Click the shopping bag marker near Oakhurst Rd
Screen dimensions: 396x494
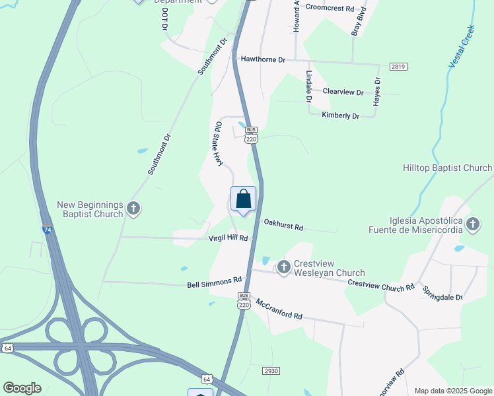(243, 199)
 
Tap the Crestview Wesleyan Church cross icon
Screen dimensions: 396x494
(284, 267)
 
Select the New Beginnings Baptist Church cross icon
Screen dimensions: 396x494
(133, 209)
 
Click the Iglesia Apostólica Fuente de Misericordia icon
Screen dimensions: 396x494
(473, 224)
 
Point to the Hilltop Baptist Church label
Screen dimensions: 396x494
(447, 168)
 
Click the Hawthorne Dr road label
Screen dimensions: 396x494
(263, 59)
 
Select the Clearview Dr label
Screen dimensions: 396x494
(343, 92)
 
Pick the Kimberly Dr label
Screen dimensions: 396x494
(340, 115)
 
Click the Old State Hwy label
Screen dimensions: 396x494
(219, 143)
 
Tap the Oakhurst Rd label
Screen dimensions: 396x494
(283, 225)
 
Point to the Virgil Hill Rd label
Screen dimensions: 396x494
(228, 238)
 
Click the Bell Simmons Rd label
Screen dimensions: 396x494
(215, 284)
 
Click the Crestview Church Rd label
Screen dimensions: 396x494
(381, 284)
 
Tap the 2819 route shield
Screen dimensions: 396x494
(398, 67)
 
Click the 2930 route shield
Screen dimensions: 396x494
(270, 371)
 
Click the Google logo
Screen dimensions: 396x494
(22, 388)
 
